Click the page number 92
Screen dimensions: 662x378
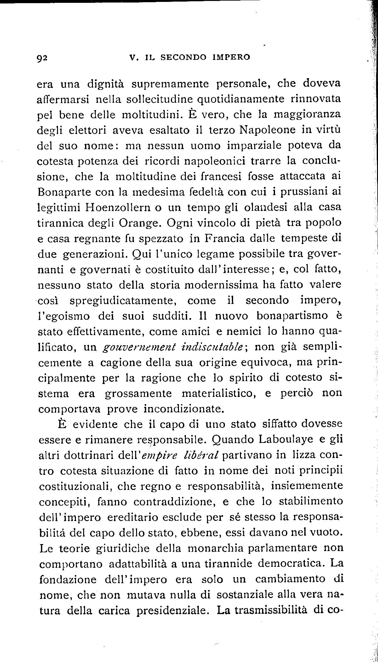coord(42,58)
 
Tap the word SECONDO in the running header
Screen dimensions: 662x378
coord(184,57)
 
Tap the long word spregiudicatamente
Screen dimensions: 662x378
coord(122,301)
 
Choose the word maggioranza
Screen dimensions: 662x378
coord(307,114)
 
